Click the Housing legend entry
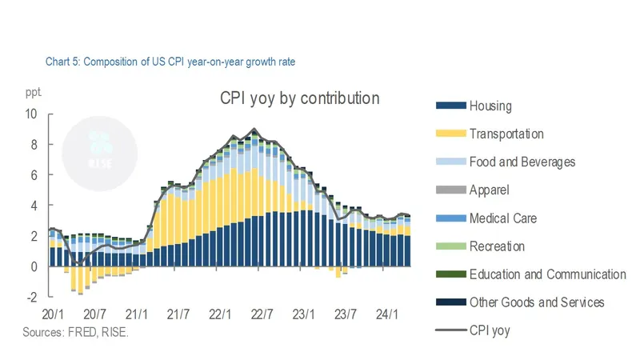[490, 106]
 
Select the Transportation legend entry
[506, 134]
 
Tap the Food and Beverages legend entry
[522, 162]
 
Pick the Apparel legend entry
[489, 190]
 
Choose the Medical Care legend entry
[502, 218]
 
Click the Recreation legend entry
[497, 246]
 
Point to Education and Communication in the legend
[547, 274]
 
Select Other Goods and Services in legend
[536, 302]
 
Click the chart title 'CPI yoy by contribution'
[299, 98]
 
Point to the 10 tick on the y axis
[31, 114]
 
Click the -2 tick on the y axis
[31, 297]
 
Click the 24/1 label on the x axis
[386, 314]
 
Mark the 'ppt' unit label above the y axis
[33, 94]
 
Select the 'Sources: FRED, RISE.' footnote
[75, 331]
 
